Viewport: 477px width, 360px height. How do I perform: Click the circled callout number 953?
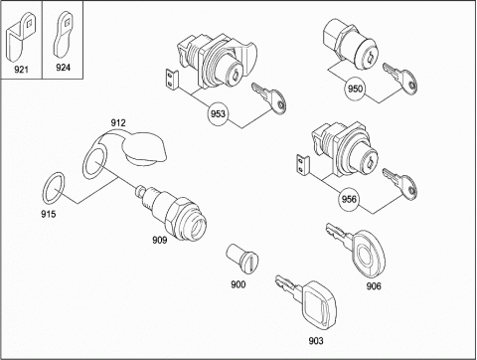coord(218,113)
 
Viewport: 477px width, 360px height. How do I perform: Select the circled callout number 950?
coord(355,89)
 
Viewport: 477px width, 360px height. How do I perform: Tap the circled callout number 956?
coord(349,199)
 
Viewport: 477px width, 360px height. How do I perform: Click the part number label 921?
coord(21,70)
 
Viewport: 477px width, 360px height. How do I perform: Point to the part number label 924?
coord(63,68)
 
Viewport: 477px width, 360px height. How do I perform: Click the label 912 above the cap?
coord(118,123)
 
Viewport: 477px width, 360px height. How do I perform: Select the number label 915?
coord(49,214)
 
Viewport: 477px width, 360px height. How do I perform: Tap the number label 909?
coord(160,240)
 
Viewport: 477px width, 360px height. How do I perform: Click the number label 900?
coord(238,284)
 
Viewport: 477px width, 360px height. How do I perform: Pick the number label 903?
coord(316,341)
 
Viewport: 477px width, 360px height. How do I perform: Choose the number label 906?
coord(374,285)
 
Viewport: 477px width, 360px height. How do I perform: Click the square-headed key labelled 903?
coord(307,301)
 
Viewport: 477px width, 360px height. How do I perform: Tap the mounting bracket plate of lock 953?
coord(172,81)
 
